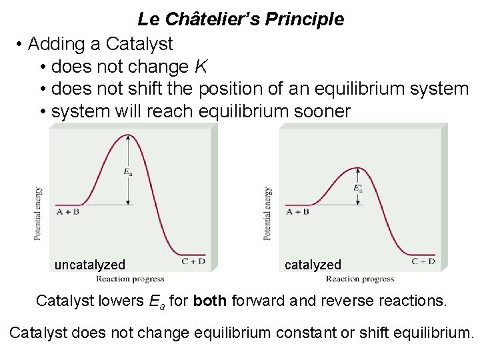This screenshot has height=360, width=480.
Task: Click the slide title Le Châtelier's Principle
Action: pyautogui.click(x=241, y=19)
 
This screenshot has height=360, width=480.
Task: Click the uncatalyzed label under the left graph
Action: pyautogui.click(x=89, y=265)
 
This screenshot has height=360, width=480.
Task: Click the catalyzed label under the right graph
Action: pyautogui.click(x=313, y=265)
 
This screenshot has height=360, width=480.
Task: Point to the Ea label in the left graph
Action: pyautogui.click(x=127, y=171)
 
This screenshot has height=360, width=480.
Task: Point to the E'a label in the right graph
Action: pyautogui.click(x=358, y=188)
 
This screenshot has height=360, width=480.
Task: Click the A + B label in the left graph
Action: pyautogui.click(x=67, y=212)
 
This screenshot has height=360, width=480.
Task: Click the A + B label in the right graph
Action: pyautogui.click(x=297, y=212)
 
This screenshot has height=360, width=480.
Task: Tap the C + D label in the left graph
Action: pyautogui.click(x=193, y=261)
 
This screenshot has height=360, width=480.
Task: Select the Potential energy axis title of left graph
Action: pyautogui.click(x=38, y=213)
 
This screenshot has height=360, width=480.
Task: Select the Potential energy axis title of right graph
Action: pyautogui.click(x=267, y=213)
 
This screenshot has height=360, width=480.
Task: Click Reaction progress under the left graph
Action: pyautogui.click(x=130, y=279)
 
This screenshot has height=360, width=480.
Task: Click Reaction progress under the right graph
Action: pyautogui.click(x=360, y=279)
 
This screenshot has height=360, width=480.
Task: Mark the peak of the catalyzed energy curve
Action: pyautogui.click(x=359, y=167)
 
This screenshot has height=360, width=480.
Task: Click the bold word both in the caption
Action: pyautogui.click(x=209, y=301)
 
